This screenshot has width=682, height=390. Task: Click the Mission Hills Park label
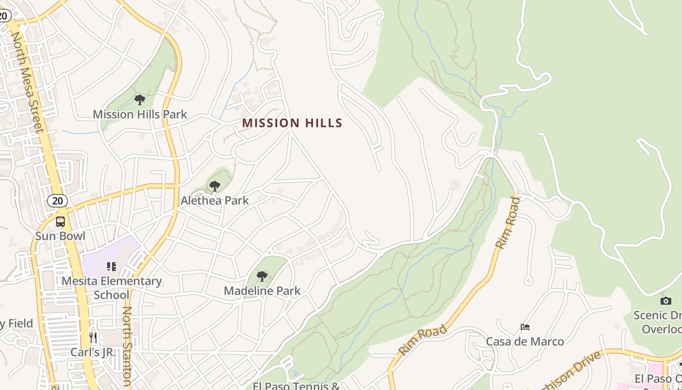pos(140,115)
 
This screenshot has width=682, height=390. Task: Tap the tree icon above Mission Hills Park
pos(140,100)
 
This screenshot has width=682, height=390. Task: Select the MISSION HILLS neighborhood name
pos(292,123)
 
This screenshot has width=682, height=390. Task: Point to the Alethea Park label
pos(214,200)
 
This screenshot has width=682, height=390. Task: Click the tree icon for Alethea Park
pos(214,186)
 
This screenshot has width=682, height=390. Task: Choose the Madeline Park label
pos(262,291)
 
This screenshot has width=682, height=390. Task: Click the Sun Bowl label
pos(60,236)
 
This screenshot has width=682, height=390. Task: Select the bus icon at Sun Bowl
pos(60,222)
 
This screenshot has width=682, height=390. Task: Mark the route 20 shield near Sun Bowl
pos(57,200)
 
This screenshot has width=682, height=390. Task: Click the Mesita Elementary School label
pos(112,288)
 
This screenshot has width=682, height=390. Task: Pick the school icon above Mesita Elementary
pos(112,267)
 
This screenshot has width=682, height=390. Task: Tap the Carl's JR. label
pos(93,352)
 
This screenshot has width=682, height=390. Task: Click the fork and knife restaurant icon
pos(93,337)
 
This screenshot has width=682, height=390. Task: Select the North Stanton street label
pos(128,346)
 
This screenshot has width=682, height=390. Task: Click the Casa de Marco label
pos(525,341)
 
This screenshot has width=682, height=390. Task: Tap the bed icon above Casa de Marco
pos(525,327)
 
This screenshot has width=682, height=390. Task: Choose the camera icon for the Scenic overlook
pos(665,301)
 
